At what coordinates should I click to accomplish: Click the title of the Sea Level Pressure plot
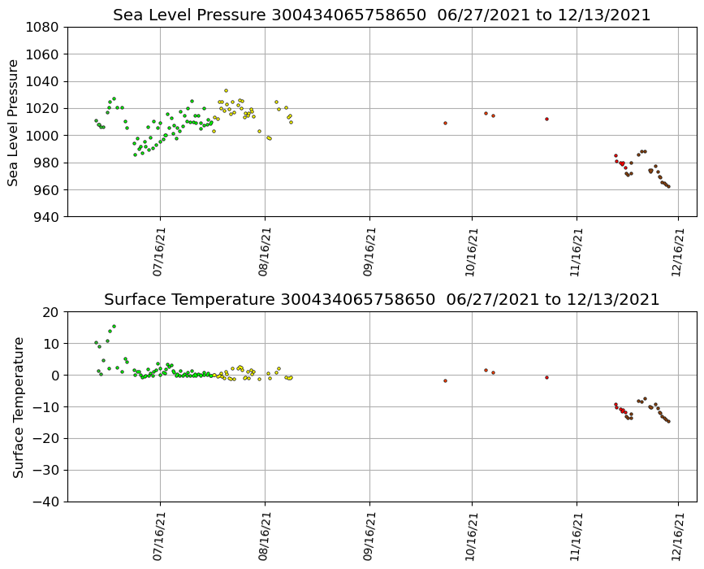tap(382, 15)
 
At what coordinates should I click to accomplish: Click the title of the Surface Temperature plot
tap(382, 300)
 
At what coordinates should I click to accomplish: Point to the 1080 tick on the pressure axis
tap(41, 27)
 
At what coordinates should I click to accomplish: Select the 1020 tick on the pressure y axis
tap(41, 108)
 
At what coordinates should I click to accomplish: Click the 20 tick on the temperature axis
tap(51, 312)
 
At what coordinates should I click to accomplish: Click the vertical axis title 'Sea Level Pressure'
tap(14, 122)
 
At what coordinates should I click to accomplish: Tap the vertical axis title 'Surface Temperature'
tap(18, 406)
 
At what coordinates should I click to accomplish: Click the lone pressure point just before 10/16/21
tap(445, 123)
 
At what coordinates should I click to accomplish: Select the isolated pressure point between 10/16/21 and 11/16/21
tap(546, 119)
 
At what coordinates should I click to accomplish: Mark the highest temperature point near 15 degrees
tap(114, 326)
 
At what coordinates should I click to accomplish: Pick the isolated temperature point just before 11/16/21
tap(546, 377)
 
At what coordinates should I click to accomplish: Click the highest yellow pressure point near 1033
tap(226, 90)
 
